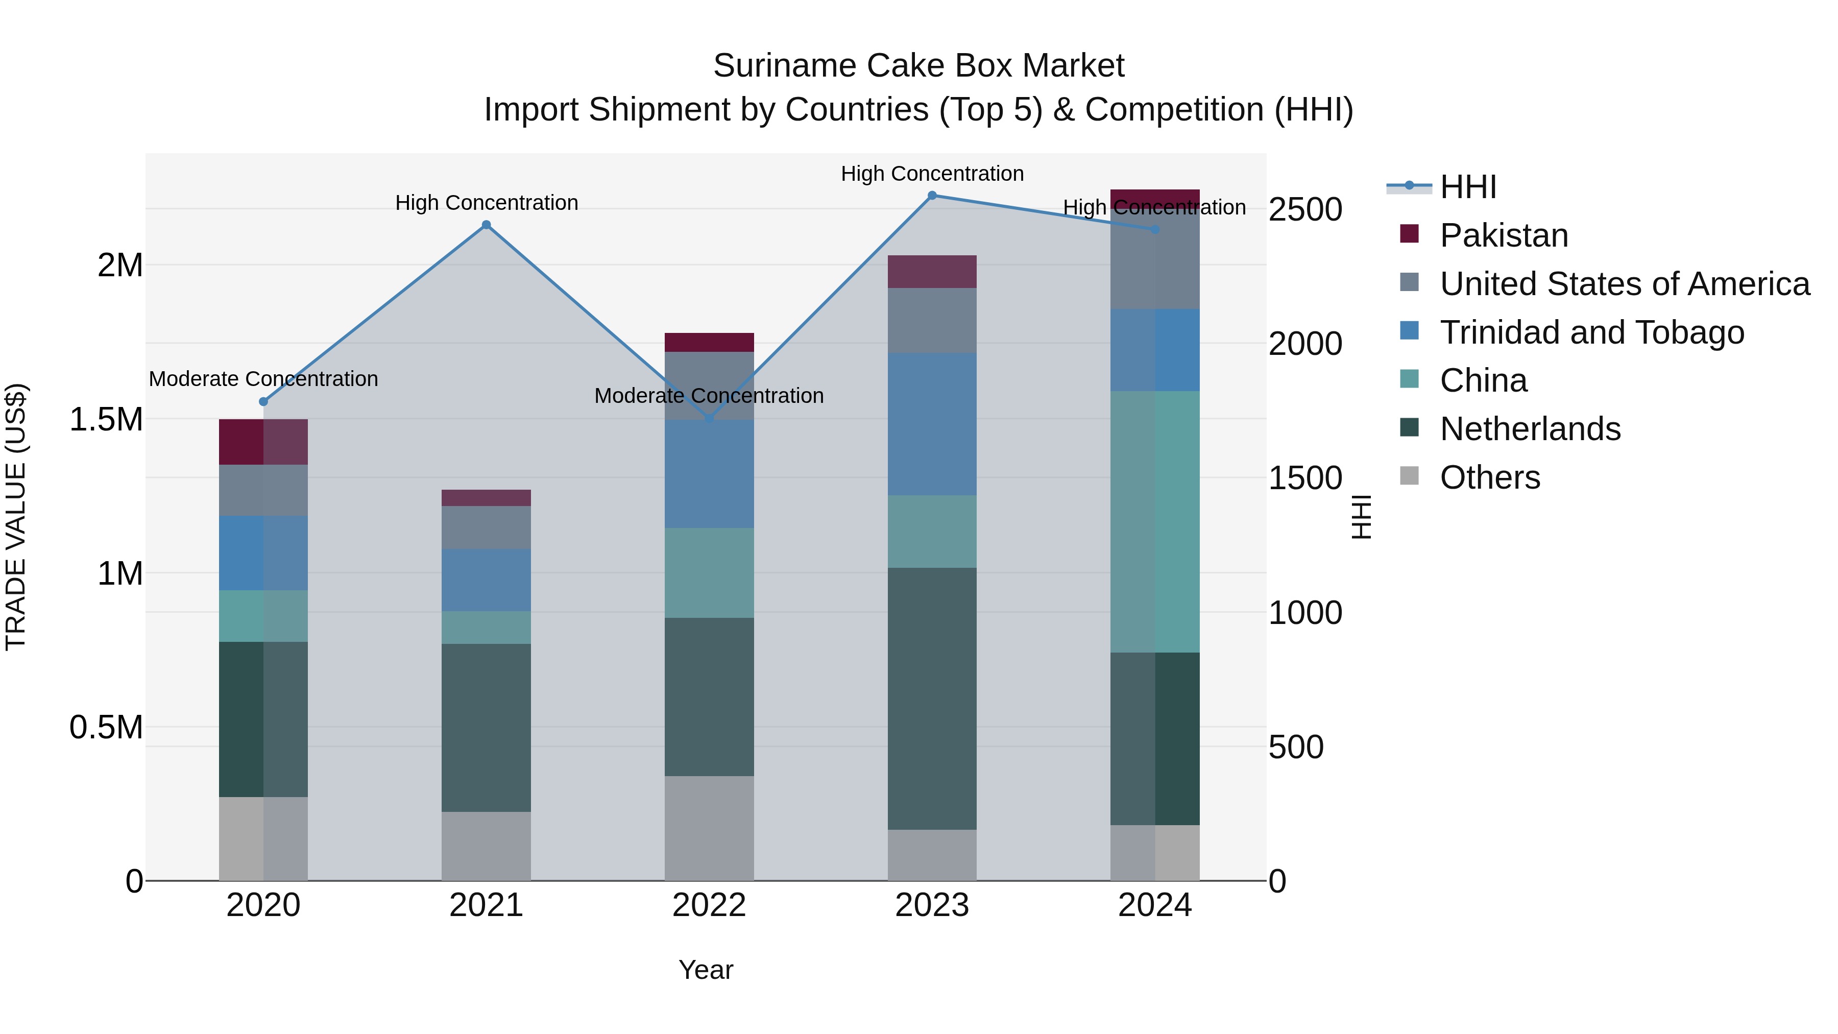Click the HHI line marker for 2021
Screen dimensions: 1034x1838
point(486,225)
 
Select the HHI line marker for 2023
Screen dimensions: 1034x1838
point(932,196)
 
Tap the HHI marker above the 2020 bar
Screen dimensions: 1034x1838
point(263,402)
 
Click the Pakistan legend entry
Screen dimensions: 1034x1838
point(1504,235)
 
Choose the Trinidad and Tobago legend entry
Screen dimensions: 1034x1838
point(1591,332)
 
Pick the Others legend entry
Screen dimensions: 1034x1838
point(1489,477)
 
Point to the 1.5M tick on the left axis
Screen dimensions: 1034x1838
point(106,420)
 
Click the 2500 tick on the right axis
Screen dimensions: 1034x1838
point(1305,210)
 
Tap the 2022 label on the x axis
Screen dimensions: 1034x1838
point(709,905)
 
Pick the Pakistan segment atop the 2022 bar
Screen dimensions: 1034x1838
point(709,343)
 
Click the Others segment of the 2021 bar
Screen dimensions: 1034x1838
point(486,846)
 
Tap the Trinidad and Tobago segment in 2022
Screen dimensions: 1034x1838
point(709,474)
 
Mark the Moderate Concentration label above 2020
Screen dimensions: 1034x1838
point(263,379)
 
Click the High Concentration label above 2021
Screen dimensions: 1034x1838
point(486,203)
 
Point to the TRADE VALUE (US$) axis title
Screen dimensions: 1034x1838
point(16,517)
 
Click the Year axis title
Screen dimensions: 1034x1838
point(706,970)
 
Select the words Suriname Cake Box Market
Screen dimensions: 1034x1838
point(918,66)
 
